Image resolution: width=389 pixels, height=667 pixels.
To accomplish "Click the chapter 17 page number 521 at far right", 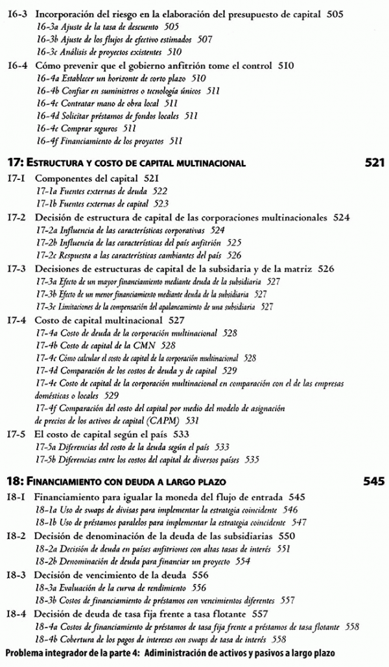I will point(375,162).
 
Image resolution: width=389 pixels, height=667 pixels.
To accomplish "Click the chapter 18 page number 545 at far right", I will point(373,481).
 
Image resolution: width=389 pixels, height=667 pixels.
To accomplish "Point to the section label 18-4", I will point(16,613).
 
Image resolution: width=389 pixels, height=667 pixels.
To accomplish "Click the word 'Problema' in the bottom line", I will point(28,652).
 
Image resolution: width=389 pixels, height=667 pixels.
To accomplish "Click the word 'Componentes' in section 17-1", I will point(64,177).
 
